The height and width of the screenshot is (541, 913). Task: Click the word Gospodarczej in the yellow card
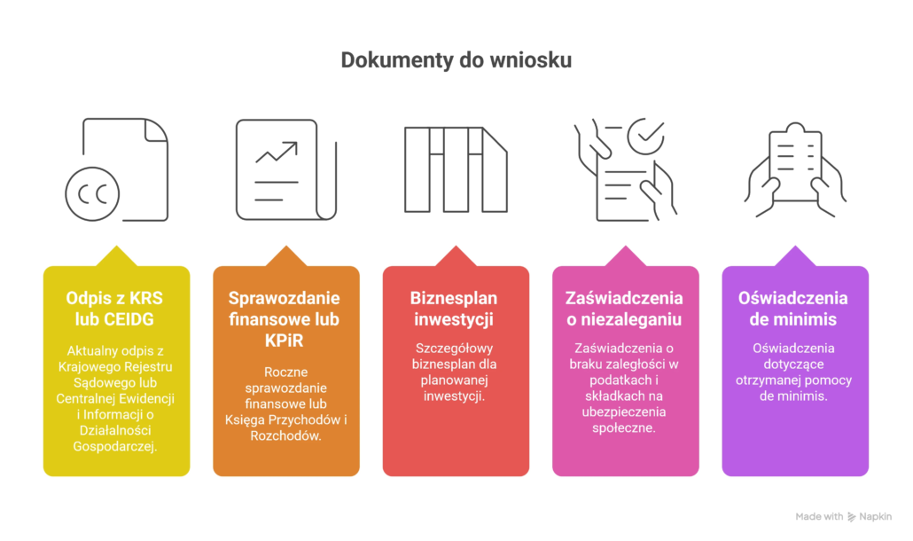(117, 447)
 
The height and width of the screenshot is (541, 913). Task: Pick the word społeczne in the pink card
(624, 427)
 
